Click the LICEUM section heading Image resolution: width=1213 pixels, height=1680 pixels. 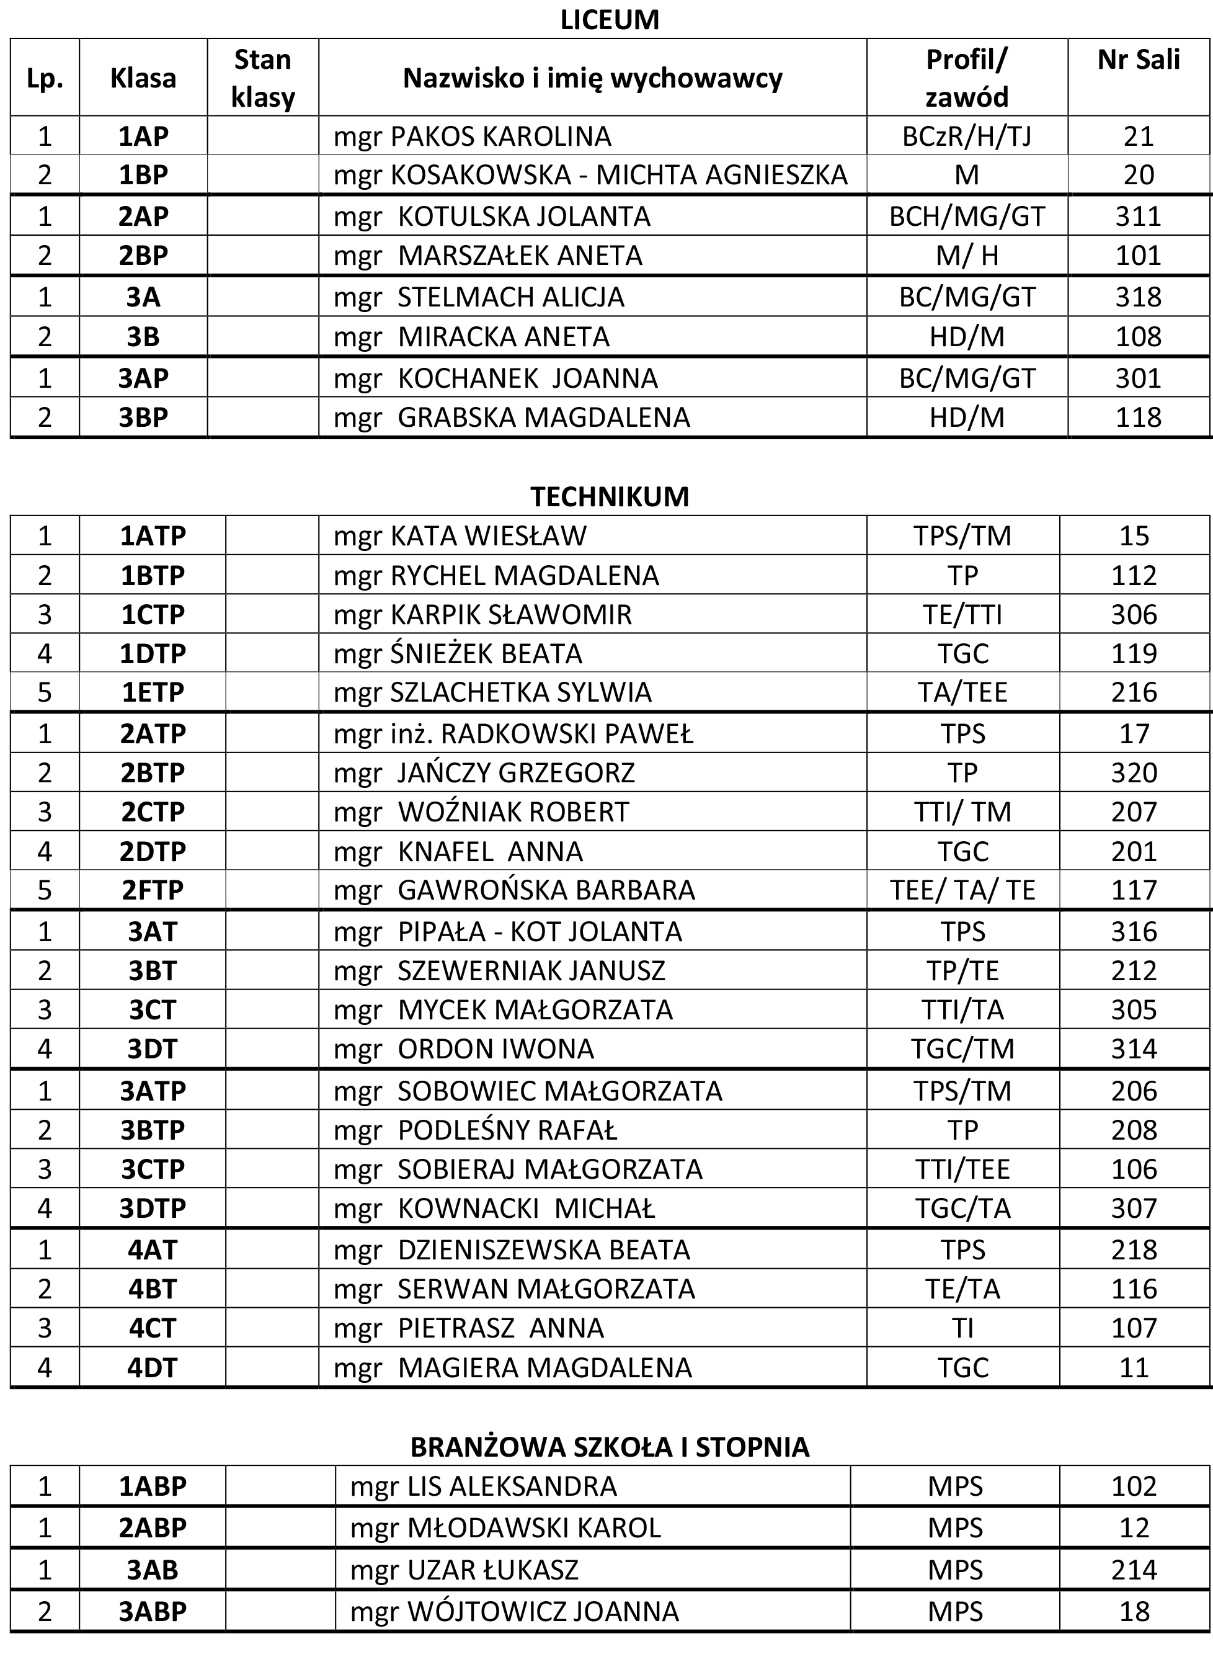tap(609, 20)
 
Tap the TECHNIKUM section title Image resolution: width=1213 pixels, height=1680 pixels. tap(609, 496)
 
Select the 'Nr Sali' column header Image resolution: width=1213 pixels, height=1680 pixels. tap(1138, 60)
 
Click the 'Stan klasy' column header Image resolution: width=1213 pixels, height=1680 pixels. tap(263, 78)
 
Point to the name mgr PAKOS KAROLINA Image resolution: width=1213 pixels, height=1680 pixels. tap(473, 136)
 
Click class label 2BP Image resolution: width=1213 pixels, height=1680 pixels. tap(143, 256)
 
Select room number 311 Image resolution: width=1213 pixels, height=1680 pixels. tap(1138, 217)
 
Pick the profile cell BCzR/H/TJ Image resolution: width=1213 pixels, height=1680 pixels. tap(966, 136)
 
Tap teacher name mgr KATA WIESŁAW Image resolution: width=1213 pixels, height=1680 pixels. tap(460, 535)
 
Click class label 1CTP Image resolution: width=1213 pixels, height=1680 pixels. tap(153, 614)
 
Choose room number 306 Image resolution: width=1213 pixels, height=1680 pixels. tap(1134, 614)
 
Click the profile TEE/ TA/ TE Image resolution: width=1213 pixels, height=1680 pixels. tap(962, 890)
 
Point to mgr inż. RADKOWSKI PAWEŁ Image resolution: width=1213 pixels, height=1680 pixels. tap(513, 733)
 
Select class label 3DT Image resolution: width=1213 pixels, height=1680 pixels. tap(153, 1049)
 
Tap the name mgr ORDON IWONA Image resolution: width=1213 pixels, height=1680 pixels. tap(464, 1049)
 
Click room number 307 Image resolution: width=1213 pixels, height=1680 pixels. tap(1134, 1208)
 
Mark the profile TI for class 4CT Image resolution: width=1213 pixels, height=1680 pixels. tap(962, 1328)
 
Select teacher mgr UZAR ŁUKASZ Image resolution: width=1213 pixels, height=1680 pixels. tap(464, 1570)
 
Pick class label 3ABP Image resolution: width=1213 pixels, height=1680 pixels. tap(153, 1611)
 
